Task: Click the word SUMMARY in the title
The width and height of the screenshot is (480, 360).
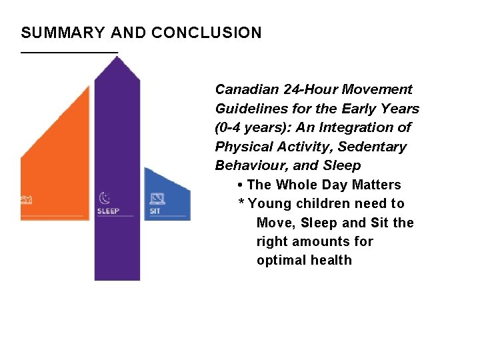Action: [63, 33]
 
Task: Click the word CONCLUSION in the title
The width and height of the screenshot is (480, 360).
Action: [207, 33]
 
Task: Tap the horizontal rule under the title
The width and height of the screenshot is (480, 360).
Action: [69, 51]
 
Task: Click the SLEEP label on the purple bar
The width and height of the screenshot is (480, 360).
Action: [107, 211]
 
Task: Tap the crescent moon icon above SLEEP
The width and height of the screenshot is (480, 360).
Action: [105, 198]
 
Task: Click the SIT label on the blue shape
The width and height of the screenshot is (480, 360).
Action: [155, 211]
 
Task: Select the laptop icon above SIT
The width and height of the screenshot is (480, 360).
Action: [157, 198]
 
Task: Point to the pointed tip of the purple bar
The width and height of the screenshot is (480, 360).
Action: [117, 59]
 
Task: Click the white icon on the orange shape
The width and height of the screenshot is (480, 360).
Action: [27, 199]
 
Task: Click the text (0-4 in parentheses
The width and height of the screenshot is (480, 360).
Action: [229, 127]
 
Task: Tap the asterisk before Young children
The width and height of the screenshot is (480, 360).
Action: [241, 203]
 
